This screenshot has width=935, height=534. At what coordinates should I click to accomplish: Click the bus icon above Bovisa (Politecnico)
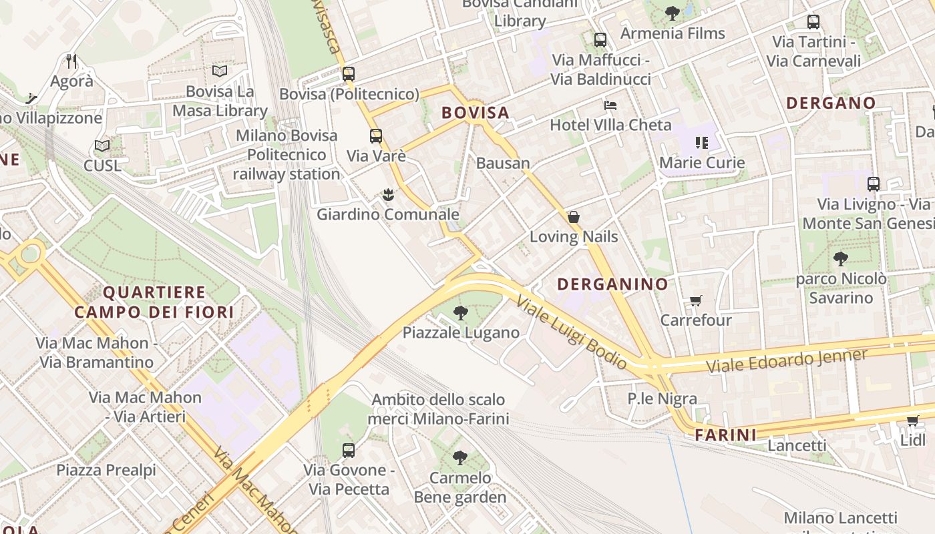348,74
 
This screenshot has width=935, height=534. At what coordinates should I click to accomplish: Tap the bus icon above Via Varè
376,136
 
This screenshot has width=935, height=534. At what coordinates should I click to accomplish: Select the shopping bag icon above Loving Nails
573,217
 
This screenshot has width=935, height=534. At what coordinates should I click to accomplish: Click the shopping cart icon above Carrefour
695,301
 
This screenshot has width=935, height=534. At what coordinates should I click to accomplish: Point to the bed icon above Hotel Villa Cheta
610,105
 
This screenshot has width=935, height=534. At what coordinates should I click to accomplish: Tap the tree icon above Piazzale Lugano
460,312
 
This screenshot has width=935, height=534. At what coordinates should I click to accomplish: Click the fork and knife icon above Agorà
72,61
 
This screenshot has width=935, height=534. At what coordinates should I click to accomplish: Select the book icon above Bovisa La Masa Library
219,71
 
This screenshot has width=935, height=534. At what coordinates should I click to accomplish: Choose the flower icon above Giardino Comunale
387,195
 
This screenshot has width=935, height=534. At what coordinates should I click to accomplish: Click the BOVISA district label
476,113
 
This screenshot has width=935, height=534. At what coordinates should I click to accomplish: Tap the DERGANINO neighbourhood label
612,284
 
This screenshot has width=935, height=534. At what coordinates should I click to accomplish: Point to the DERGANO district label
831,103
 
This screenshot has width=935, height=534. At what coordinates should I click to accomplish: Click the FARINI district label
726,435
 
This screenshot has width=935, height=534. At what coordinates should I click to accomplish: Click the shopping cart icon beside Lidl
912,421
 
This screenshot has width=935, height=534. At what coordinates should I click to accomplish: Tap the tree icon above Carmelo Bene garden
459,458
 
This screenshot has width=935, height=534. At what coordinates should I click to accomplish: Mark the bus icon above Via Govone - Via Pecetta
348,450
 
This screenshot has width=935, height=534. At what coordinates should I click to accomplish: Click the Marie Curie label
701,163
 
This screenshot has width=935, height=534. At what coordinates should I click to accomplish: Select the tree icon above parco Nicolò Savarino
840,259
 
